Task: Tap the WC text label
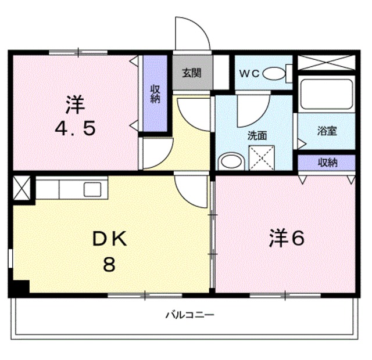pos(249,73)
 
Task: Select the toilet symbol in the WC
pos(276,74)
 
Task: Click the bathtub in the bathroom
pos(326,94)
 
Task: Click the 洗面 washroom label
pos(257,136)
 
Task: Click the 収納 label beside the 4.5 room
pos(155,93)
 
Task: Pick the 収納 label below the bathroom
pos(327,163)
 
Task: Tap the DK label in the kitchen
pos(110,239)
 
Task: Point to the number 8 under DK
pos(109,265)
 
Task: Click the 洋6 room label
pos(287,239)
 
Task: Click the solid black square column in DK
pos(22,287)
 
